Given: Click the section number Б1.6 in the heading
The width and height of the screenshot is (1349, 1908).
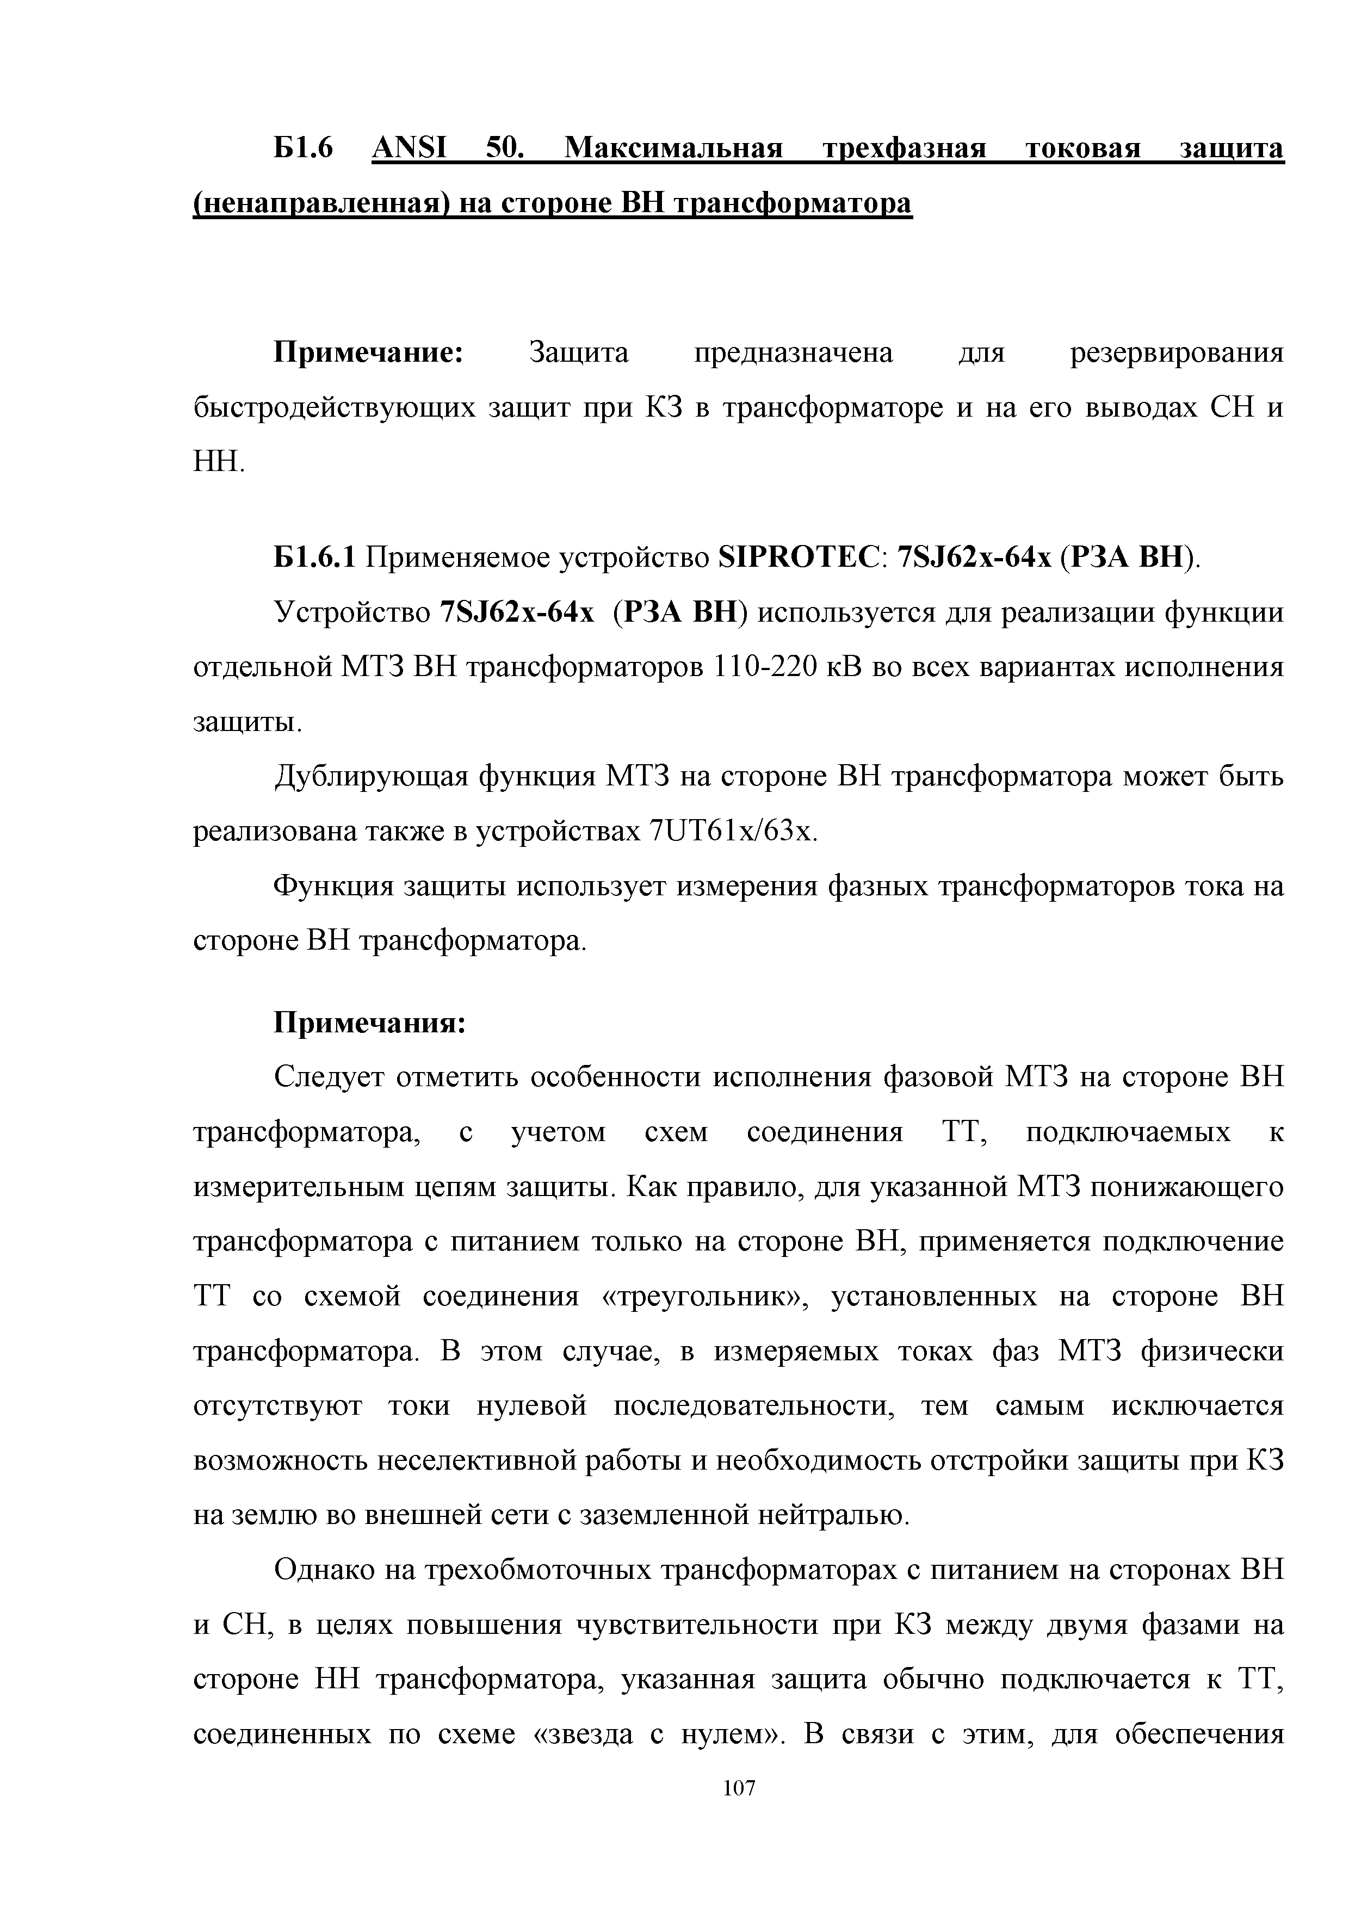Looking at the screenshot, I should (304, 148).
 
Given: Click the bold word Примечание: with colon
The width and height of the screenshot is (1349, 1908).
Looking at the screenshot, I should (369, 352).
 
